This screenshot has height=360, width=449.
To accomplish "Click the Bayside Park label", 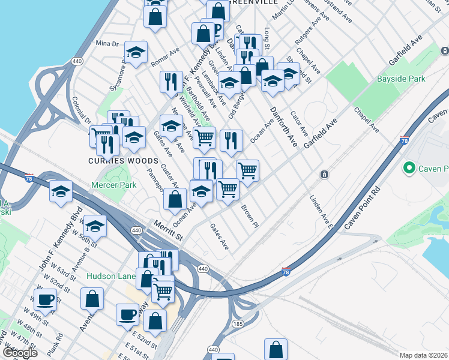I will click(x=400, y=79).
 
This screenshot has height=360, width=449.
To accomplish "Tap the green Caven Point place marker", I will click(x=411, y=168).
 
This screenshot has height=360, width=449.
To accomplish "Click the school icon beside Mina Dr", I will click(x=136, y=52).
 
